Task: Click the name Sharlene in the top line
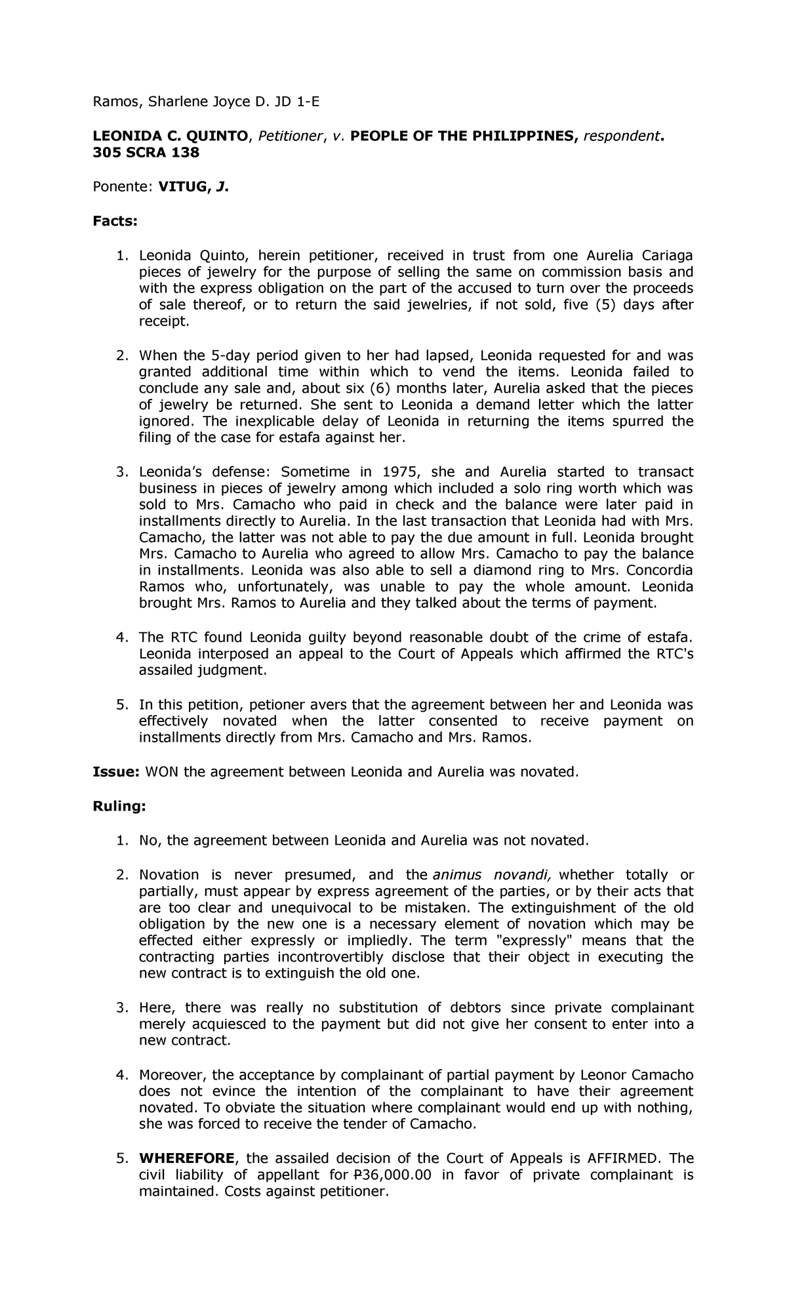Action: click(x=172, y=102)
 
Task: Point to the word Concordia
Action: click(x=658, y=570)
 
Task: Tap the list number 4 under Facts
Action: click(x=121, y=638)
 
